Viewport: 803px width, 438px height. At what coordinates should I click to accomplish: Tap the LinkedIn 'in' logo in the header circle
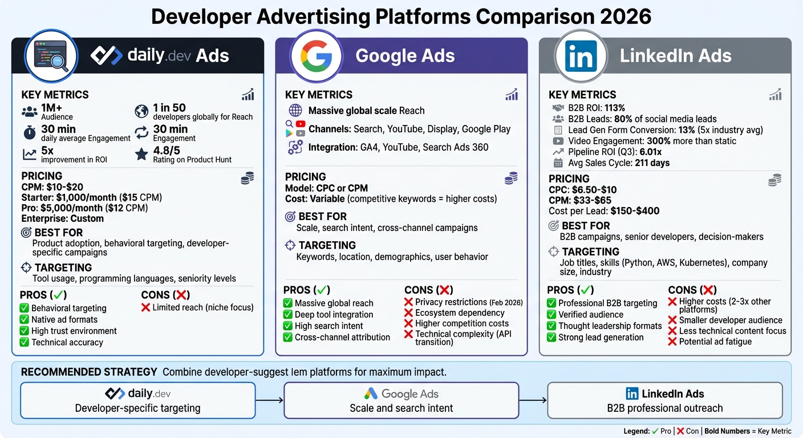click(x=580, y=56)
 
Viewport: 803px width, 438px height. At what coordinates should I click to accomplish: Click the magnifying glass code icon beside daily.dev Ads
click(x=51, y=56)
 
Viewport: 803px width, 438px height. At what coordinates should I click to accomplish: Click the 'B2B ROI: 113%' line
click(x=597, y=108)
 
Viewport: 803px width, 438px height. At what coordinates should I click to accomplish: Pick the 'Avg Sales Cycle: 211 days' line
click(x=611, y=163)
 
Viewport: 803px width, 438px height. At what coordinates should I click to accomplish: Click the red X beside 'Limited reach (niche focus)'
click(x=145, y=307)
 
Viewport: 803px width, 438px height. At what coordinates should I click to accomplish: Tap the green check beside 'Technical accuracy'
click(x=24, y=342)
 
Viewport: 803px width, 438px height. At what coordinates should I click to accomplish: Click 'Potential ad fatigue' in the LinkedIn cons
click(x=715, y=342)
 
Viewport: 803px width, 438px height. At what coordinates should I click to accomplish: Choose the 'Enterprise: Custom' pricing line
click(x=63, y=218)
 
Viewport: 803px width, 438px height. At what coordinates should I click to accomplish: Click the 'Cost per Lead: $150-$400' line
click(x=604, y=211)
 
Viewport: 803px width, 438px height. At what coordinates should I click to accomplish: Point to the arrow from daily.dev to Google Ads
click(x=269, y=400)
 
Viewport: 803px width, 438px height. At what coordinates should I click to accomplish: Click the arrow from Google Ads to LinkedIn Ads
click(x=533, y=400)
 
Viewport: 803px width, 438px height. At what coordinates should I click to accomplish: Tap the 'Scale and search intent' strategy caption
click(x=401, y=408)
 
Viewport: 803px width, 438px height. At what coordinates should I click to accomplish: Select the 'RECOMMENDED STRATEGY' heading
click(x=89, y=372)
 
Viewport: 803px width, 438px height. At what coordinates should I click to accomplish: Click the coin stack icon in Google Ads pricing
click(x=511, y=178)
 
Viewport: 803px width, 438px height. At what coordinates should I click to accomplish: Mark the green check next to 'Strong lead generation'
click(x=551, y=337)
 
